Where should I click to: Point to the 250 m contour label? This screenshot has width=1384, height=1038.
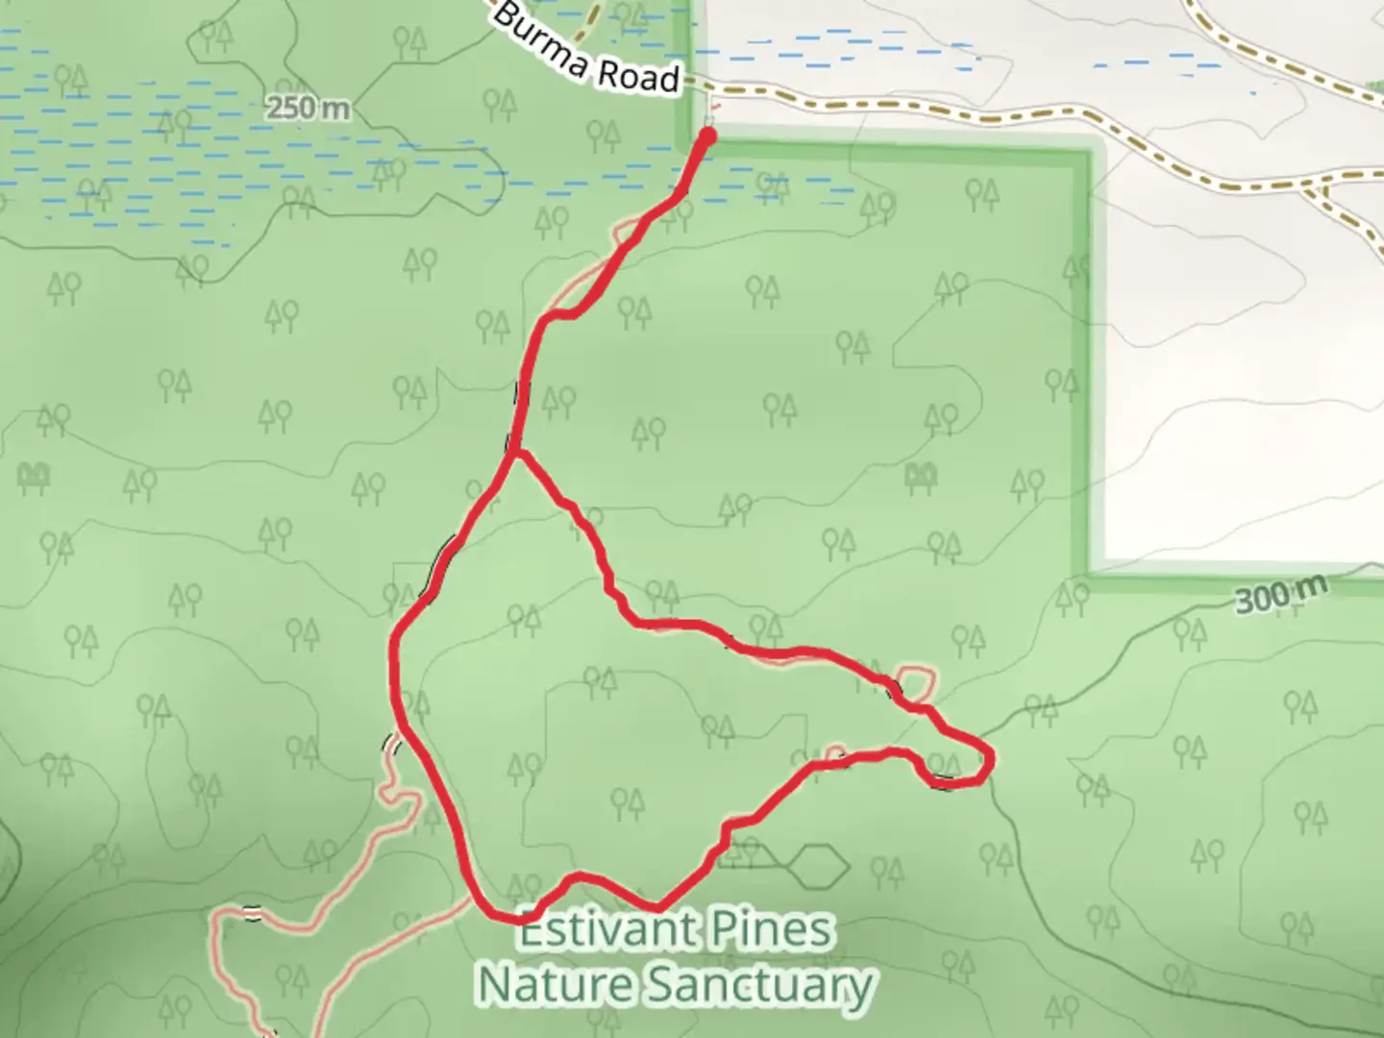click(308, 108)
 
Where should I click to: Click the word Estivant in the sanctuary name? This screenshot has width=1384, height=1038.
click(607, 930)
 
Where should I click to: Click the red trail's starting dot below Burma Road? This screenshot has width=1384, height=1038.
click(709, 136)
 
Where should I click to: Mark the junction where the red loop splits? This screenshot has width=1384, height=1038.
click(515, 451)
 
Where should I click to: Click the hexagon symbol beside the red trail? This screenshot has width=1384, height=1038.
click(817, 866)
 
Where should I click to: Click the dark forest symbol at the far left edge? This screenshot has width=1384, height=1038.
click(33, 476)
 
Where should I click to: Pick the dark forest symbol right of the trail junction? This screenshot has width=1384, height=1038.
click(921, 475)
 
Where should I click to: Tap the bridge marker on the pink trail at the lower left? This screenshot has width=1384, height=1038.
click(252, 912)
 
